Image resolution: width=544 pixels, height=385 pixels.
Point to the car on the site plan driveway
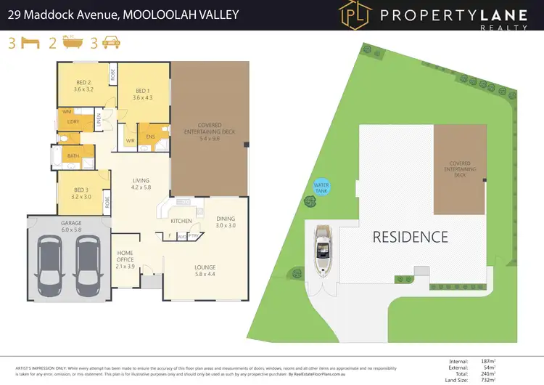coord(323,251)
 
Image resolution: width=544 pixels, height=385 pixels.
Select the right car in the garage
coord(88,262)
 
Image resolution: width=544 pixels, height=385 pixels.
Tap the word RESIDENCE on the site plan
coord(410,237)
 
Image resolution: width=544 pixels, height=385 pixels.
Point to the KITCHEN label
coord(181,220)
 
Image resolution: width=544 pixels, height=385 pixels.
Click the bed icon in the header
coord(29,43)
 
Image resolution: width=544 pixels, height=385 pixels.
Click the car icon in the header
coord(111,43)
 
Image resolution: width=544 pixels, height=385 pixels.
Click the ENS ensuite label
coord(150,137)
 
